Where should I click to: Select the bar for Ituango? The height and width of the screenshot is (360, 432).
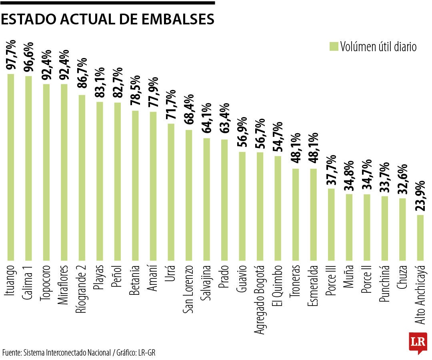pos(11,167)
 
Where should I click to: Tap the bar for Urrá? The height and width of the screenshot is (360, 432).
pos(171,192)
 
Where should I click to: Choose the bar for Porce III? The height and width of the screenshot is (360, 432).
pos(331,224)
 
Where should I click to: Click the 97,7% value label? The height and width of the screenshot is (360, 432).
pos(11,55)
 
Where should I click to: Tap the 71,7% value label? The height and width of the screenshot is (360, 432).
pos(171,105)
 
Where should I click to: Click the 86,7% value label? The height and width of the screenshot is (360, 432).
pos(82,76)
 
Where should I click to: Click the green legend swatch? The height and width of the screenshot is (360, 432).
pos(334,46)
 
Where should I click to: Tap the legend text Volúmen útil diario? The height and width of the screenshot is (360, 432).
pos(378,47)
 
